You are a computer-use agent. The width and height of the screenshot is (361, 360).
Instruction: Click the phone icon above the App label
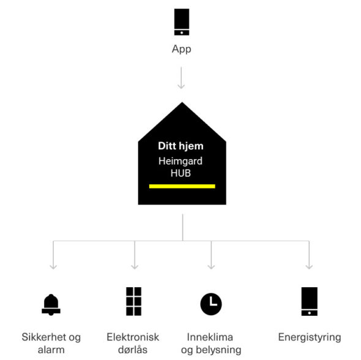click(182, 22)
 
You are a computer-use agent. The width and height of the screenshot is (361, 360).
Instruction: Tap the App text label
click(182, 50)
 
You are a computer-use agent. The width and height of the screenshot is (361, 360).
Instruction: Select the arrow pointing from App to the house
click(181, 78)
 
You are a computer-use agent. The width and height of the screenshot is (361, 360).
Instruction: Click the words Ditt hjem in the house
click(180, 146)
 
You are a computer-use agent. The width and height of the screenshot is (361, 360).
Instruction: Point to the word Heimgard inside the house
click(180, 162)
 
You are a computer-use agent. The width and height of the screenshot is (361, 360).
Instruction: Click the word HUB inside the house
click(180, 173)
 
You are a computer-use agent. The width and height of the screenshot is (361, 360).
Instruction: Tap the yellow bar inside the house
click(182, 186)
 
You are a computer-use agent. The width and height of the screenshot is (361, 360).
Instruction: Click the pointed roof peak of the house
click(182, 103)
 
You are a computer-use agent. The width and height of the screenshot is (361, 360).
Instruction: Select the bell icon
click(51, 304)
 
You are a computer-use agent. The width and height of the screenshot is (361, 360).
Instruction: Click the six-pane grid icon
click(134, 301)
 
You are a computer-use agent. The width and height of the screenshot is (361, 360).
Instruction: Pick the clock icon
click(211, 304)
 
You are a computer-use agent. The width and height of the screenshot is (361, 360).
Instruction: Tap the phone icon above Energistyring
click(310, 301)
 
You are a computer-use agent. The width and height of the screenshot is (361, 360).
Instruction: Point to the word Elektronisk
click(133, 337)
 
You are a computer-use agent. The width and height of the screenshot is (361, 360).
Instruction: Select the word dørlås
click(133, 350)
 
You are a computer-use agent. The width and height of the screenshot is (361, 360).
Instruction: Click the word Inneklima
click(210, 337)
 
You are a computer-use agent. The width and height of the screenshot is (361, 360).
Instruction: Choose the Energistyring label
click(310, 338)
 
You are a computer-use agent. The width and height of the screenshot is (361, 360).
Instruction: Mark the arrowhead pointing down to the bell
click(53, 267)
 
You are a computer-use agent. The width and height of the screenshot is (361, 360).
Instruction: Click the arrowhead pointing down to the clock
click(211, 267)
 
